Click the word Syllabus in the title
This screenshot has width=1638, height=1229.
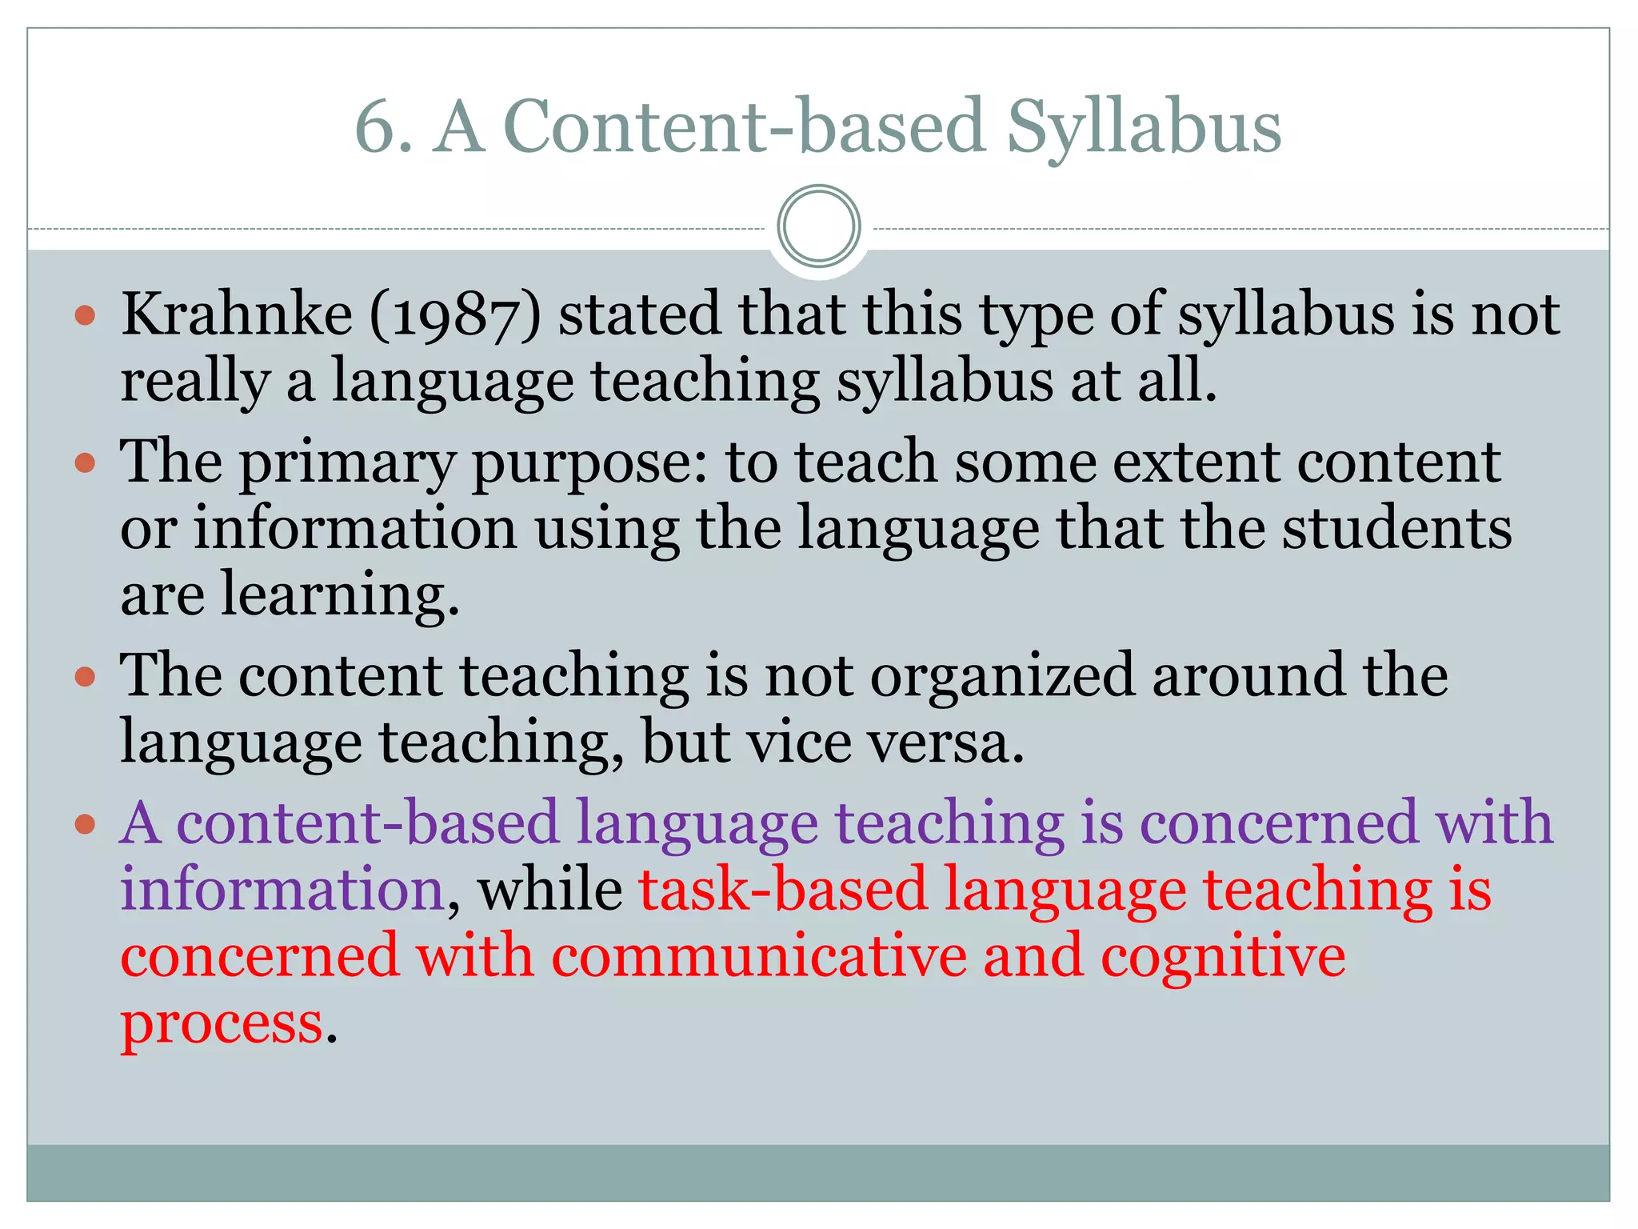(x=1144, y=128)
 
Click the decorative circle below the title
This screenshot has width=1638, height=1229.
(x=818, y=226)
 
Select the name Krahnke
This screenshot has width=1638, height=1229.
(x=237, y=314)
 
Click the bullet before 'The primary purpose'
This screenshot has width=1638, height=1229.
(x=85, y=463)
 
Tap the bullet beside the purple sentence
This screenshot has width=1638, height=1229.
(x=85, y=823)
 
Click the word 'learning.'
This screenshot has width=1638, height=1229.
(x=340, y=597)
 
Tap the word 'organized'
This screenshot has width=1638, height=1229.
(x=1002, y=677)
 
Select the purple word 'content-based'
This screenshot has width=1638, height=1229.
(x=367, y=823)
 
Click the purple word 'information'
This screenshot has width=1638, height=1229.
(x=282, y=890)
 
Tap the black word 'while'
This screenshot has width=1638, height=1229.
(x=550, y=890)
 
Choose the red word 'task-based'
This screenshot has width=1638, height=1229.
(x=782, y=890)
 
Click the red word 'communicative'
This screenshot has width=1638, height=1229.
(x=758, y=957)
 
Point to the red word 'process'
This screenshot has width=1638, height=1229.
(x=222, y=1023)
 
